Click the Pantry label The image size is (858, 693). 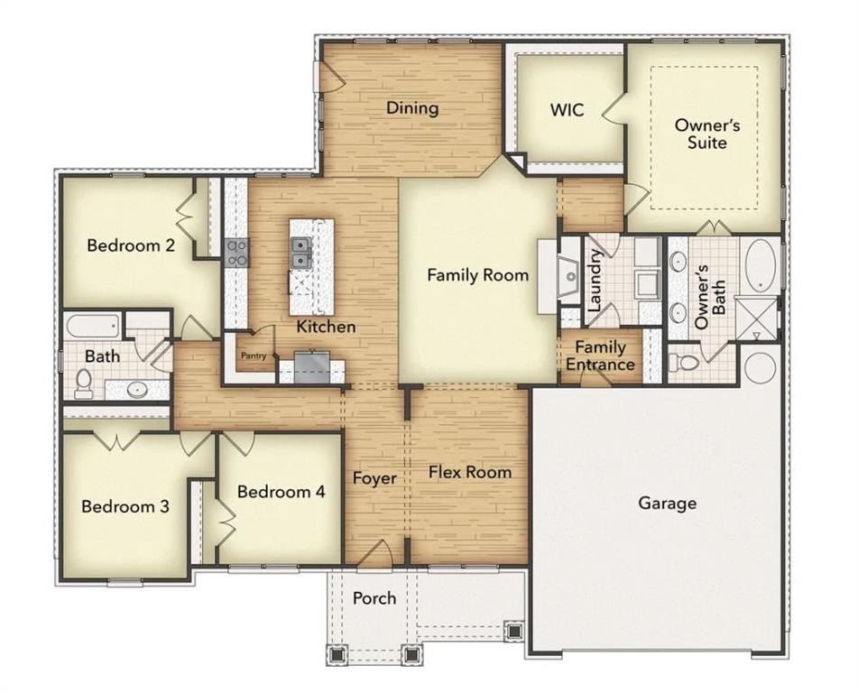pos(253,356)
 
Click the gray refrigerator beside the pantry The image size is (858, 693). pos(312,365)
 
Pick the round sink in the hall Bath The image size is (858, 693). pos(136,390)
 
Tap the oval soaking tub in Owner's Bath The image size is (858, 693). pos(762,264)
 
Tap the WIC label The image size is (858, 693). pos(567,110)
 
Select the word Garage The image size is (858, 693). pos(668,503)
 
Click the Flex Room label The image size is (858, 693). pos(469,472)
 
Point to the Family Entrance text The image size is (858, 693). pos(600,356)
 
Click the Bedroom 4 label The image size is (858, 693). pos(281,492)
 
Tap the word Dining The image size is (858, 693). pos(412,108)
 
